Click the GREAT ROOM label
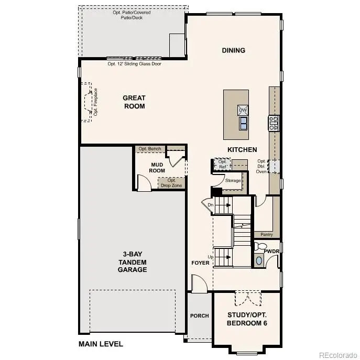134,102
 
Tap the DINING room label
233,50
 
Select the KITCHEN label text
242,150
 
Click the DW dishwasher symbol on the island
243,110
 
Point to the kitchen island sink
243,123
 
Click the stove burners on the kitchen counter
274,123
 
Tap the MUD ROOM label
158,167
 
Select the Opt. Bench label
150,149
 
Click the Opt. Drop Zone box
171,183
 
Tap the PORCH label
199,315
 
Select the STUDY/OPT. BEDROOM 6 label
247,319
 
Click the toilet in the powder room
261,247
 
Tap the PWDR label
271,252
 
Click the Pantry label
267,235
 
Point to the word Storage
233,181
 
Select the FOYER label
200,263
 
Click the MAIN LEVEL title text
101,344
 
